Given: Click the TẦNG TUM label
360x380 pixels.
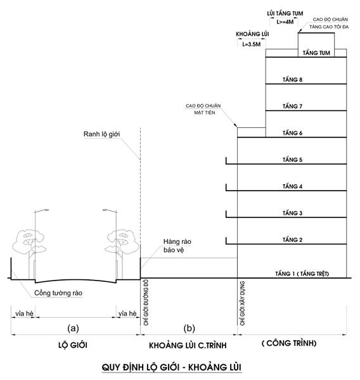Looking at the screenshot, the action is (x=316, y=53).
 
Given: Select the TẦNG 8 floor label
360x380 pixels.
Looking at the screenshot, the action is (x=292, y=80).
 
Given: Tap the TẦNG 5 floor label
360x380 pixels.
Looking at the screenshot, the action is (x=292, y=160).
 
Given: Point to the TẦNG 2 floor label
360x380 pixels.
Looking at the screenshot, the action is (x=292, y=239).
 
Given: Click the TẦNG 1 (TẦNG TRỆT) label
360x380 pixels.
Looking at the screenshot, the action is (x=302, y=274).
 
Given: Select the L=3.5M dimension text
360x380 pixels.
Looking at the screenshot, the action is (x=252, y=44).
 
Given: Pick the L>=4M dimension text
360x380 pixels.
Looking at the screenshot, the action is (x=285, y=22).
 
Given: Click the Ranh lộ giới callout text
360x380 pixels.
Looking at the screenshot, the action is (x=101, y=134).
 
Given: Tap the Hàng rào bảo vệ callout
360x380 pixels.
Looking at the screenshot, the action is (x=177, y=246).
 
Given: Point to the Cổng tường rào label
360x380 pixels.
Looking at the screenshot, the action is (x=58, y=293).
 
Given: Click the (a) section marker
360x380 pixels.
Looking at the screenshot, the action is (x=74, y=328).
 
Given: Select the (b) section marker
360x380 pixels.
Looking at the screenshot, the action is (x=190, y=328).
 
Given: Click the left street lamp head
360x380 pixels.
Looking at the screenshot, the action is (x=46, y=210).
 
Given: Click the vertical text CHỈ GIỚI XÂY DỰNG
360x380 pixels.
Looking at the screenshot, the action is (x=242, y=303).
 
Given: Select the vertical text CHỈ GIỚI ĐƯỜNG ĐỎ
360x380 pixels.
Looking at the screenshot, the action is (x=146, y=303).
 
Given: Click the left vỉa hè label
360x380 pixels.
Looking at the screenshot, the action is (x=24, y=313).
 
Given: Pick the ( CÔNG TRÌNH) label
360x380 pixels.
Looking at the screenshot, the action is (x=289, y=343).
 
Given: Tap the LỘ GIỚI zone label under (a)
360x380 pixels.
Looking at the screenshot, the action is (x=73, y=345).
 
